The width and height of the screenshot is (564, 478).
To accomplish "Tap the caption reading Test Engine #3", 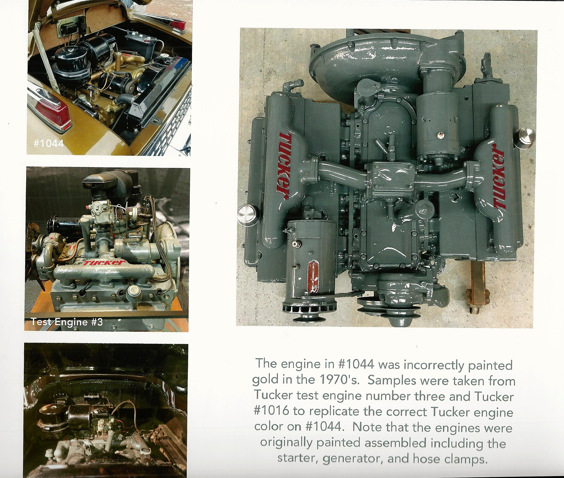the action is [67, 322].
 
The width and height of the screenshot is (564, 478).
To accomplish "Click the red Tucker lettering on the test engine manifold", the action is [104, 263].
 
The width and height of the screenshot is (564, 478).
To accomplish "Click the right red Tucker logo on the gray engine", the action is [499, 177].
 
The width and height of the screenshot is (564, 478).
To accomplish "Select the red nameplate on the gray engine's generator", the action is [314, 276].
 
